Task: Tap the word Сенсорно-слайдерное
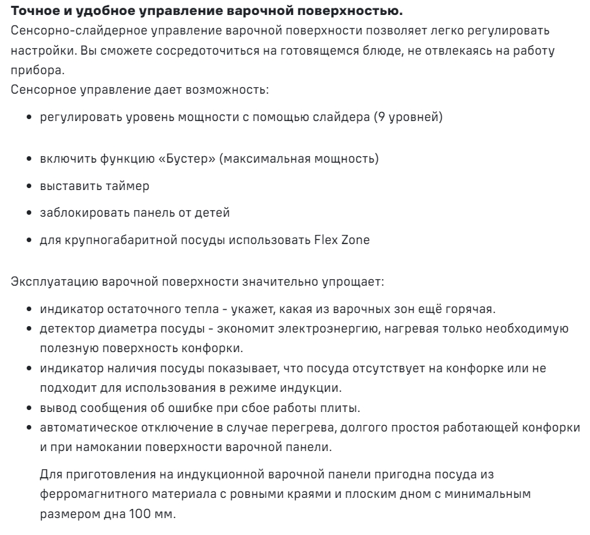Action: click(x=70, y=31)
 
